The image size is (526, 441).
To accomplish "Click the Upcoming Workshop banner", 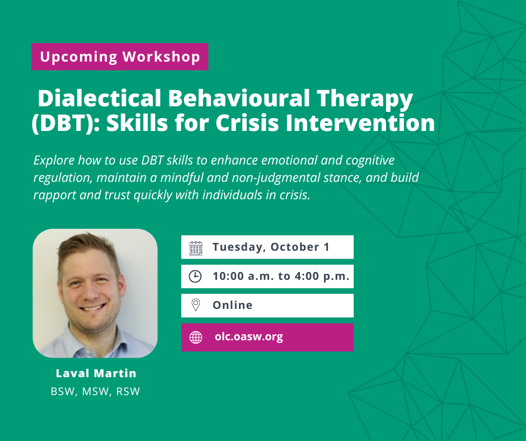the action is pyautogui.click(x=120, y=57).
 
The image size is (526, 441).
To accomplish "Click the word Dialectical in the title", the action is pyautogui.click(x=99, y=98).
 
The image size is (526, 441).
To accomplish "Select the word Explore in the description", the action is pyautogui.click(x=54, y=161).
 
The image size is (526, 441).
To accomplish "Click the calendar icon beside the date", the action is pyautogui.click(x=196, y=248).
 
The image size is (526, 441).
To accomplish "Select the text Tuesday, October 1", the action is pyautogui.click(x=271, y=247).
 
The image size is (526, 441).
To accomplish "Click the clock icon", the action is pyautogui.click(x=195, y=276).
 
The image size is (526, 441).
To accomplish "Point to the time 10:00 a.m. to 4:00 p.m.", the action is pyautogui.click(x=281, y=276).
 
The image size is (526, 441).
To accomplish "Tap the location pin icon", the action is pyautogui.click(x=196, y=305).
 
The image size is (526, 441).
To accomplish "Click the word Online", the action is pyautogui.click(x=232, y=305).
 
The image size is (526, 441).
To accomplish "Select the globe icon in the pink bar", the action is pyautogui.click(x=196, y=337).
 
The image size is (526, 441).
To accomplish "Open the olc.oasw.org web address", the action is pyautogui.click(x=249, y=336).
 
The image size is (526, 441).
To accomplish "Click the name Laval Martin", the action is pyautogui.click(x=96, y=373).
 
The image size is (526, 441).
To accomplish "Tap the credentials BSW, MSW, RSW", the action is pyautogui.click(x=95, y=392).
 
